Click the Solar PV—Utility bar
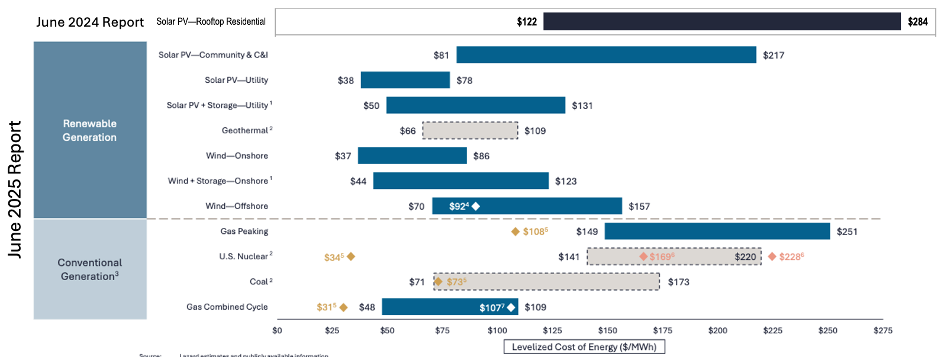405,80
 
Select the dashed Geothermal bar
470,130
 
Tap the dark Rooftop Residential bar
721,22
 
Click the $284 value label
917,22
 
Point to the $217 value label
773,55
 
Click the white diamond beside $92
476,206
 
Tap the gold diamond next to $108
516,232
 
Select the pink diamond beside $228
772,256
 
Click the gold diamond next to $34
351,256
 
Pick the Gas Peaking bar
717,232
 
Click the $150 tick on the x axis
607,330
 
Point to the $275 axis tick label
882,330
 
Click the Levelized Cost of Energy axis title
584,347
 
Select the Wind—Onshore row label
237,156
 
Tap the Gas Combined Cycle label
227,307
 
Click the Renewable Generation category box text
89,130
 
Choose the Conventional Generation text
89,269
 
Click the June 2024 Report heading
90,22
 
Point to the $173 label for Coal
678,282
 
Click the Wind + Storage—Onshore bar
460,181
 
